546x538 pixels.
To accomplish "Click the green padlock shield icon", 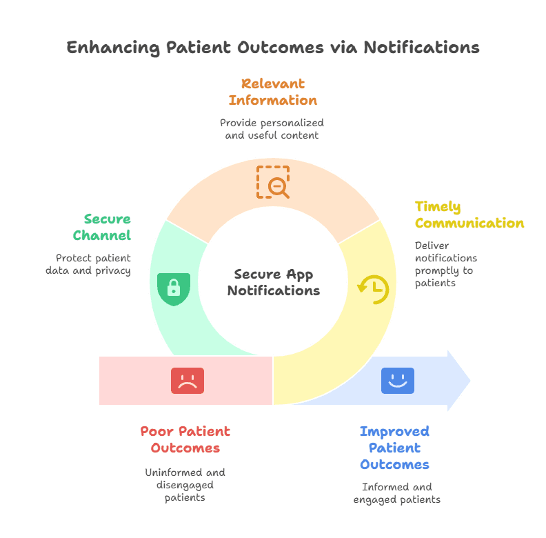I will pyautogui.click(x=174, y=288).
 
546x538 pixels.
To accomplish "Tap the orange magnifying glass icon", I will pyautogui.click(x=273, y=182).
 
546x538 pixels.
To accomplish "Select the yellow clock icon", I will pyautogui.click(x=373, y=289).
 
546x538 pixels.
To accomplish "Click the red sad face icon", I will pyautogui.click(x=188, y=381).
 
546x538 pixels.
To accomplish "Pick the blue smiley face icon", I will pyautogui.click(x=398, y=380).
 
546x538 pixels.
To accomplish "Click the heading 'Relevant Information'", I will pyautogui.click(x=273, y=92).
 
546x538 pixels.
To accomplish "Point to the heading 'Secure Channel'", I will pyautogui.click(x=107, y=227).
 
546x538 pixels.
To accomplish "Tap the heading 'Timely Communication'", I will pyautogui.click(x=469, y=215).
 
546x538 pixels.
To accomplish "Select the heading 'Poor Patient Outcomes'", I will pyautogui.click(x=185, y=439).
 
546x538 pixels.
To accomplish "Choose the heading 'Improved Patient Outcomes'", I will pyautogui.click(x=394, y=448).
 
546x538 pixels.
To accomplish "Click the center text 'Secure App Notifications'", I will pyautogui.click(x=274, y=282).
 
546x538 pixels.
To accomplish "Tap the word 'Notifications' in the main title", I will pyautogui.click(x=421, y=48).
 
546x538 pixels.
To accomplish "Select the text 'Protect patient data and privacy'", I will pyautogui.click(x=88, y=264).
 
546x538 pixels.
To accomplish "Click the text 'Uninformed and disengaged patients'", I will pyautogui.click(x=185, y=485).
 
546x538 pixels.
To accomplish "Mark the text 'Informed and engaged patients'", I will pyautogui.click(x=396, y=492).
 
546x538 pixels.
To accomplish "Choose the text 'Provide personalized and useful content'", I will pyautogui.click(x=272, y=129).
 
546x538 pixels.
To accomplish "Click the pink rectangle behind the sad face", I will pyautogui.click(x=138, y=380).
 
